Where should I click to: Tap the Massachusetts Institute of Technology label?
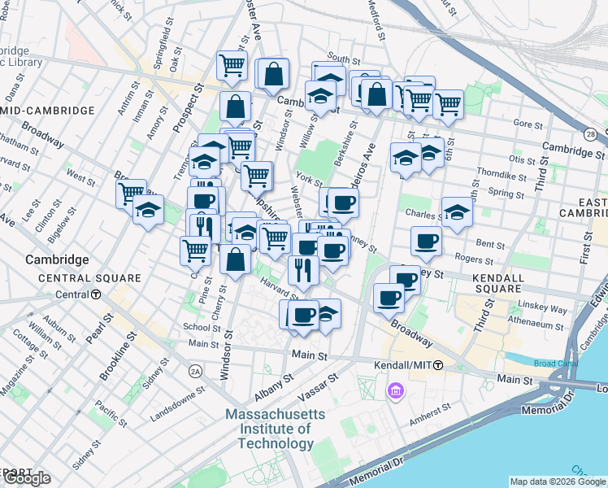pos(276,429)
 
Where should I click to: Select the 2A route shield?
pos(195,371)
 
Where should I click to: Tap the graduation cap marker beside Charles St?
pos(457,213)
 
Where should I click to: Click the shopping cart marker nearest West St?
pos(131,194)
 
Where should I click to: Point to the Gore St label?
pos(528,125)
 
